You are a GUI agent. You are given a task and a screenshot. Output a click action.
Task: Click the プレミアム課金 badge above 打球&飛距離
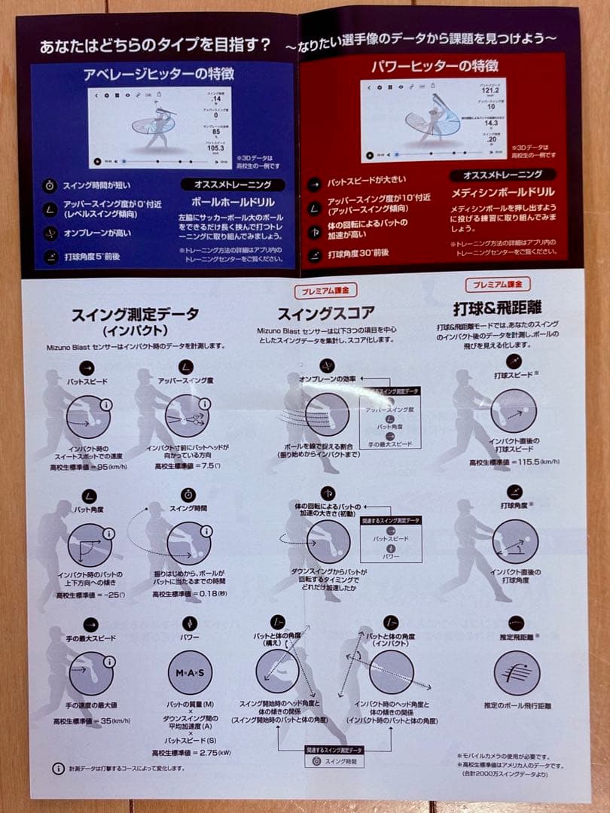pyautogui.click(x=497, y=284)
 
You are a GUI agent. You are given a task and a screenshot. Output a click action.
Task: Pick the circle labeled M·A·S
pyautogui.click(x=190, y=671)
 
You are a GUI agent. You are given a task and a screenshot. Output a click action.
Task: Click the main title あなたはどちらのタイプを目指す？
pyautogui.click(x=155, y=45)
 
